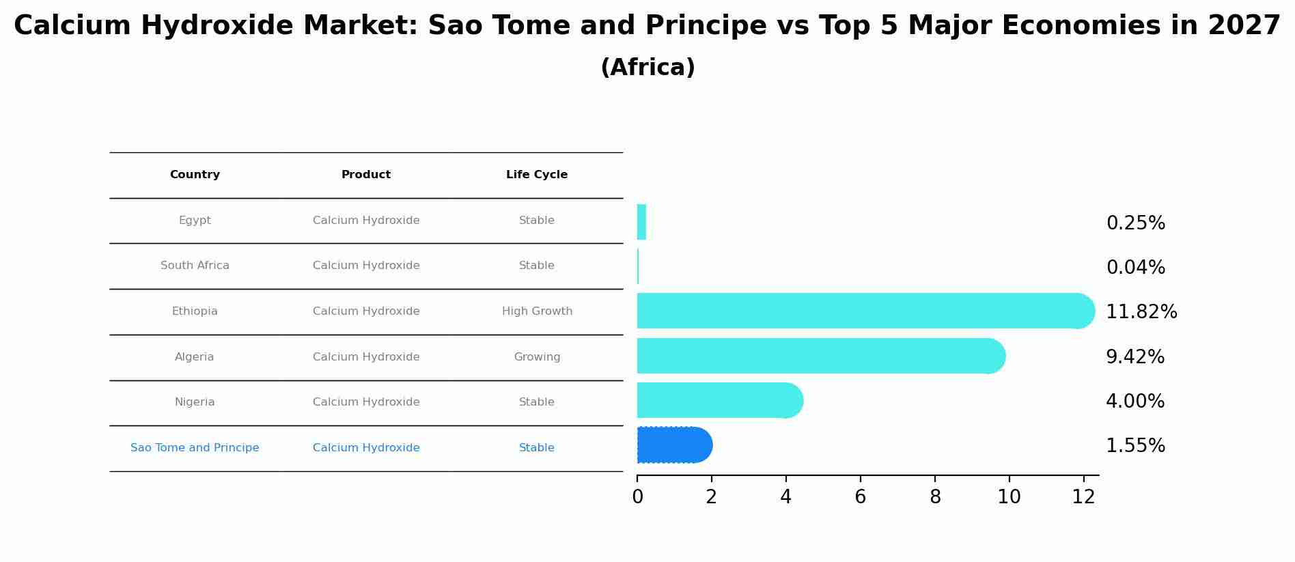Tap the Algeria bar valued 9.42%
(820, 356)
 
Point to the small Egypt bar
(641, 222)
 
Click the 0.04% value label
(1135, 268)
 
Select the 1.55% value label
(1135, 446)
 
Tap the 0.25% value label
(1135, 223)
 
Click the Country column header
(195, 175)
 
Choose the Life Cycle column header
(536, 175)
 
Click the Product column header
(366, 175)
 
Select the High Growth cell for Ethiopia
(537, 311)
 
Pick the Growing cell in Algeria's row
(537, 357)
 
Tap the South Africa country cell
(195, 266)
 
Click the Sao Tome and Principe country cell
(195, 448)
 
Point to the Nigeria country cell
(195, 402)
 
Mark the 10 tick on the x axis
(1009, 497)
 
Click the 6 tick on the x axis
(860, 497)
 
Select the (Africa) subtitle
(647, 68)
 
